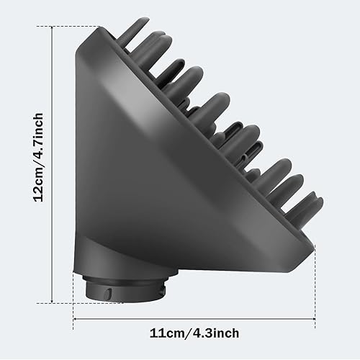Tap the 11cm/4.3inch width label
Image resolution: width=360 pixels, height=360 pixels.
[194, 333]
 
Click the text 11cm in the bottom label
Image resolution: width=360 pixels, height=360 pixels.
[167, 333]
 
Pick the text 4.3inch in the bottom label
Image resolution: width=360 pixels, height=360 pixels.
[213, 333]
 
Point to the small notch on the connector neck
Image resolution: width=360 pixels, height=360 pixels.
[103, 292]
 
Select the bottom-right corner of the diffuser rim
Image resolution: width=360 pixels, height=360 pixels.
[314, 248]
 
